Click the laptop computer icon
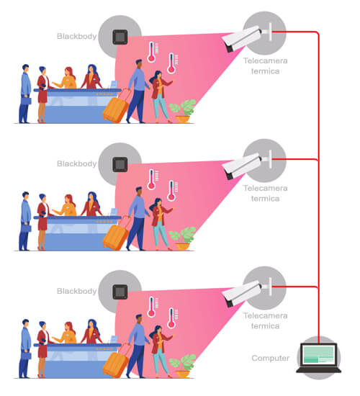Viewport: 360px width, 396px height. (x=318, y=358)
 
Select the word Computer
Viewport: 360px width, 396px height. (x=270, y=358)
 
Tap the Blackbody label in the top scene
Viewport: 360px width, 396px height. (x=77, y=36)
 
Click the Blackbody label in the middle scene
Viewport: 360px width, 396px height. (x=77, y=163)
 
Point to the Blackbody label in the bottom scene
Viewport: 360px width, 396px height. (x=77, y=291)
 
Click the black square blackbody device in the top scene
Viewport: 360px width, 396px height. (x=120, y=37)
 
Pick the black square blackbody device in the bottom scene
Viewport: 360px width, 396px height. (x=120, y=292)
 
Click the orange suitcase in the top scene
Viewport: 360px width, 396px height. (x=116, y=107)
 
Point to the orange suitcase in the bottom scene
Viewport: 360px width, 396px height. (x=116, y=361)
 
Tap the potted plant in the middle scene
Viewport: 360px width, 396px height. (x=183, y=238)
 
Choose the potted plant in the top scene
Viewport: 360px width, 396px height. (x=183, y=111)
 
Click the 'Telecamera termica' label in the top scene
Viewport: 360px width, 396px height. (x=265, y=66)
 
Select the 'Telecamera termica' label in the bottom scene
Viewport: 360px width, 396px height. (x=265, y=320)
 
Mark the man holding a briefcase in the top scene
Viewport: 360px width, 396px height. (x=25, y=94)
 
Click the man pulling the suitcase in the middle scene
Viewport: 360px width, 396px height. (x=138, y=218)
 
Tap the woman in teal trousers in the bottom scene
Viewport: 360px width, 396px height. (x=161, y=351)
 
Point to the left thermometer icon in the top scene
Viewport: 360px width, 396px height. (x=152, y=52)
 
